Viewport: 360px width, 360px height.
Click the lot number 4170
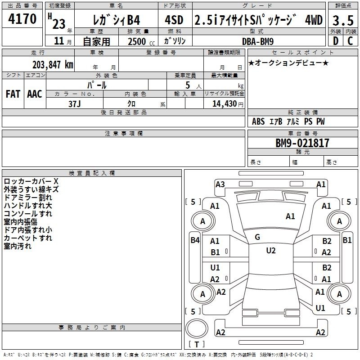click(22, 18)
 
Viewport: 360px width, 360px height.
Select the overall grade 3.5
click(343, 20)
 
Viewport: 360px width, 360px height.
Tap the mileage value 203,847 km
click(53, 65)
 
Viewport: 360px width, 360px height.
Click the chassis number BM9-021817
click(302, 143)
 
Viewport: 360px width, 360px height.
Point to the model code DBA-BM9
click(258, 41)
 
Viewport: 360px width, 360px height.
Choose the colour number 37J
click(75, 104)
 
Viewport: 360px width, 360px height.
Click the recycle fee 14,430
click(224, 103)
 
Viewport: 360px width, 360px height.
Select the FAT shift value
click(13, 94)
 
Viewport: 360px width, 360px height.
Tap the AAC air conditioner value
click(35, 94)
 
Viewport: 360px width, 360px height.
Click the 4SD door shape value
click(174, 20)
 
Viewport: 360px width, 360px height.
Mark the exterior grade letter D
click(336, 41)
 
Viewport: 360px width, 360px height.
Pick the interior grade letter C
click(350, 41)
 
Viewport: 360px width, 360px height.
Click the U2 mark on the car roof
click(271, 251)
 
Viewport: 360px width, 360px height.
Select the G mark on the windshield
click(257, 237)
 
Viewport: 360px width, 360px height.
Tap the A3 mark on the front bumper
click(220, 184)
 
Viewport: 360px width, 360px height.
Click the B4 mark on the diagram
click(195, 240)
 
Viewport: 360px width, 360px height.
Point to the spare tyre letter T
click(197, 344)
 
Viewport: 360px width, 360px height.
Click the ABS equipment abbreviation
click(258, 121)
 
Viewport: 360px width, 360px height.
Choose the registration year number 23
click(59, 24)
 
